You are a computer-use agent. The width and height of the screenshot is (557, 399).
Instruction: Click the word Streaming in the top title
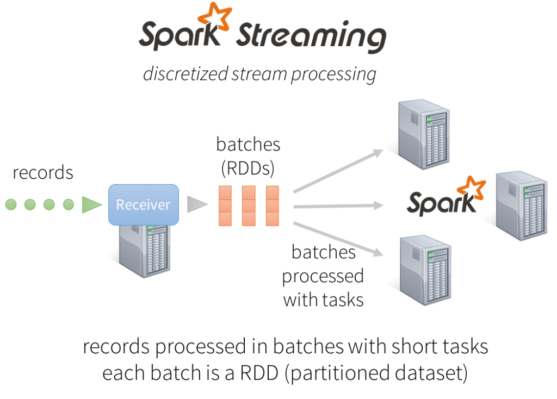click(311, 37)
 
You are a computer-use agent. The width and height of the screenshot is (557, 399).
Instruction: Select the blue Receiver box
click(144, 204)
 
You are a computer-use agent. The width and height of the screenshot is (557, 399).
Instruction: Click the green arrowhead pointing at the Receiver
click(91, 204)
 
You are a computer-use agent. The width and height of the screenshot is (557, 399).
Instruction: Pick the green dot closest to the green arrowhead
click(68, 204)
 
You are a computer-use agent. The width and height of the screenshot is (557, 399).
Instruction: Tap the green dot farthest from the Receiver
click(11, 204)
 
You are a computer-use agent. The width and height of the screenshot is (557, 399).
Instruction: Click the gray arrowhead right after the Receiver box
click(196, 204)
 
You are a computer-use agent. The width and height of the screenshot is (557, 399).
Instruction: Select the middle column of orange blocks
click(249, 205)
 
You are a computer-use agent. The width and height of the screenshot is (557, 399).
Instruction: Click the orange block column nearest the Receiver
click(225, 205)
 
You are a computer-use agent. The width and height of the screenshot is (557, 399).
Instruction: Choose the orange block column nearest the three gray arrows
click(273, 205)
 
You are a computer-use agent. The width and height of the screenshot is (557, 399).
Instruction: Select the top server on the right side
click(423, 133)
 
